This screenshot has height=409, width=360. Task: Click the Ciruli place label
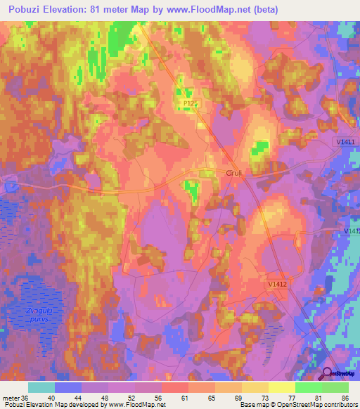click(x=233, y=173)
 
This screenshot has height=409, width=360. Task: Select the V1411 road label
click(x=344, y=142)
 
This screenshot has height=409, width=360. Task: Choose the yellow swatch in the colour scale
click(x=281, y=387)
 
